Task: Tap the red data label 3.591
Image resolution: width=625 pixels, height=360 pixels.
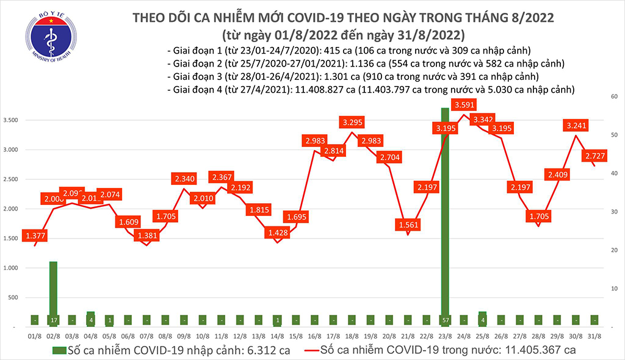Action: click(x=464, y=104)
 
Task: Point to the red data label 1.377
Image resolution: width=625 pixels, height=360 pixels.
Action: click(x=34, y=236)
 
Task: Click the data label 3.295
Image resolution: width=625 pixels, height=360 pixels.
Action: click(x=353, y=122)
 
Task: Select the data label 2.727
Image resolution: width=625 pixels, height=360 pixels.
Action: click(x=596, y=156)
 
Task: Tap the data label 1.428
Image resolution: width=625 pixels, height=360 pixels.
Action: click(x=278, y=232)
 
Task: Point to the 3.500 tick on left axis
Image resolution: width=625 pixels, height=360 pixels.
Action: click(x=12, y=120)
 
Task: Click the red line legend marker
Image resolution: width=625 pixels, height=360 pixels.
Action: click(x=311, y=350)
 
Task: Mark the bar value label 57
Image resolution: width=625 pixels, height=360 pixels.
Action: click(x=445, y=320)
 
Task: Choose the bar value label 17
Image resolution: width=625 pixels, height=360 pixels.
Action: click(x=53, y=320)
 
